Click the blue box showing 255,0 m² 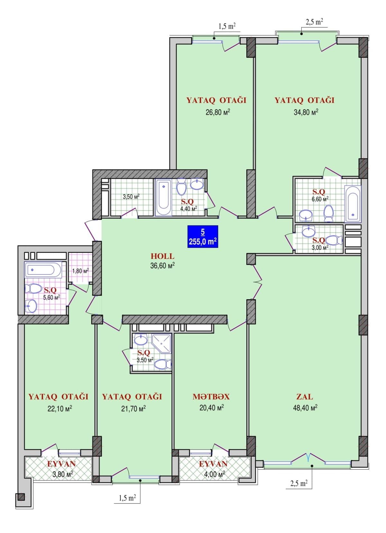[203, 237]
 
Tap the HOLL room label [162, 256]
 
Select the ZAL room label [305, 396]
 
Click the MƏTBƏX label [211, 396]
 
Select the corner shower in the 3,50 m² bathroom [162, 344]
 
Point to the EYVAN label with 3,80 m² [61, 464]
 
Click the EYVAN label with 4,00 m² [213, 464]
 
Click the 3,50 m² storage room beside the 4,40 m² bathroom [131, 196]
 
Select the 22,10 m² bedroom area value [60, 409]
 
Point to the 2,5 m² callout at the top [314, 22]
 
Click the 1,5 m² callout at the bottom [127, 498]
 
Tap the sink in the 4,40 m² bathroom [197, 184]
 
